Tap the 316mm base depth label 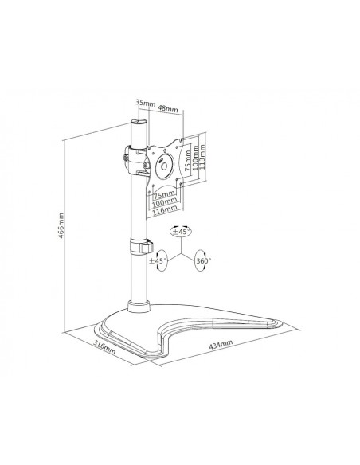pyautogui.click(x=104, y=348)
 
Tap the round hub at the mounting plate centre pyautogui.click(x=168, y=162)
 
